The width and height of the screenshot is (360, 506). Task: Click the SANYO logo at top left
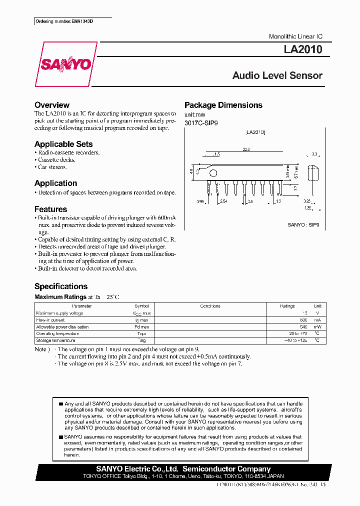pos(66,64)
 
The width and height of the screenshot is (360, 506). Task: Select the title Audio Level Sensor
pos(277,76)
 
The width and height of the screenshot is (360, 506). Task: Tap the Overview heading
pos(51,105)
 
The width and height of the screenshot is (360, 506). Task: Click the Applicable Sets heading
pos(63,144)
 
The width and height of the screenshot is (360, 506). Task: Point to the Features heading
pos(50,209)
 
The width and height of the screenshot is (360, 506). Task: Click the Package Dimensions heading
pos(223,105)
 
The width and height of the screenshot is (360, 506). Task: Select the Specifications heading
pos(60,286)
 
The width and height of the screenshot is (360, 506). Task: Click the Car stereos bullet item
pos(52,167)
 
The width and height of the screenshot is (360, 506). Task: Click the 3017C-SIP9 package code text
pos(201,123)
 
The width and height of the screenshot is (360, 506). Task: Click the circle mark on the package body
pos(213,173)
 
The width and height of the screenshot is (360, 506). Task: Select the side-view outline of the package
pos(312,173)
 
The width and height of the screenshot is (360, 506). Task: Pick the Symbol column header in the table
pos(141,306)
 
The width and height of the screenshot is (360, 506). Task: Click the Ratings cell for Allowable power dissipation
pos(303,327)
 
